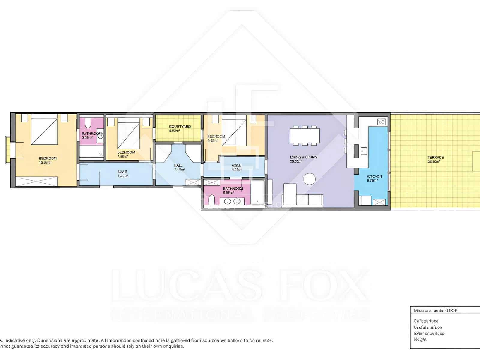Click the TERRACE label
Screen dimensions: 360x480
pos(436,157)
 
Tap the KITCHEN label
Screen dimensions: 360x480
pos(374,176)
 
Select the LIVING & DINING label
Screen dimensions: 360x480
pos(303,157)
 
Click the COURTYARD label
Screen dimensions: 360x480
pos(180,127)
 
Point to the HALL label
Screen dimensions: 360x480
pos(178,165)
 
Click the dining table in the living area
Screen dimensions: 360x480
pos(305,136)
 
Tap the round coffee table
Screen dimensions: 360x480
pos(309,179)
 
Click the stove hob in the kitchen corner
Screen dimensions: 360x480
pos(381,121)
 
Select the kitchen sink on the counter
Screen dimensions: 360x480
pos(364,151)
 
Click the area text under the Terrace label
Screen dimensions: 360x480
pos(433,162)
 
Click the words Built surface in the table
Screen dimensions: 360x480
pos(426,321)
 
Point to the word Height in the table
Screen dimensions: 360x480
pos(420,339)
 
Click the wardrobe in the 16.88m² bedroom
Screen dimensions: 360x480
pos(36,181)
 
